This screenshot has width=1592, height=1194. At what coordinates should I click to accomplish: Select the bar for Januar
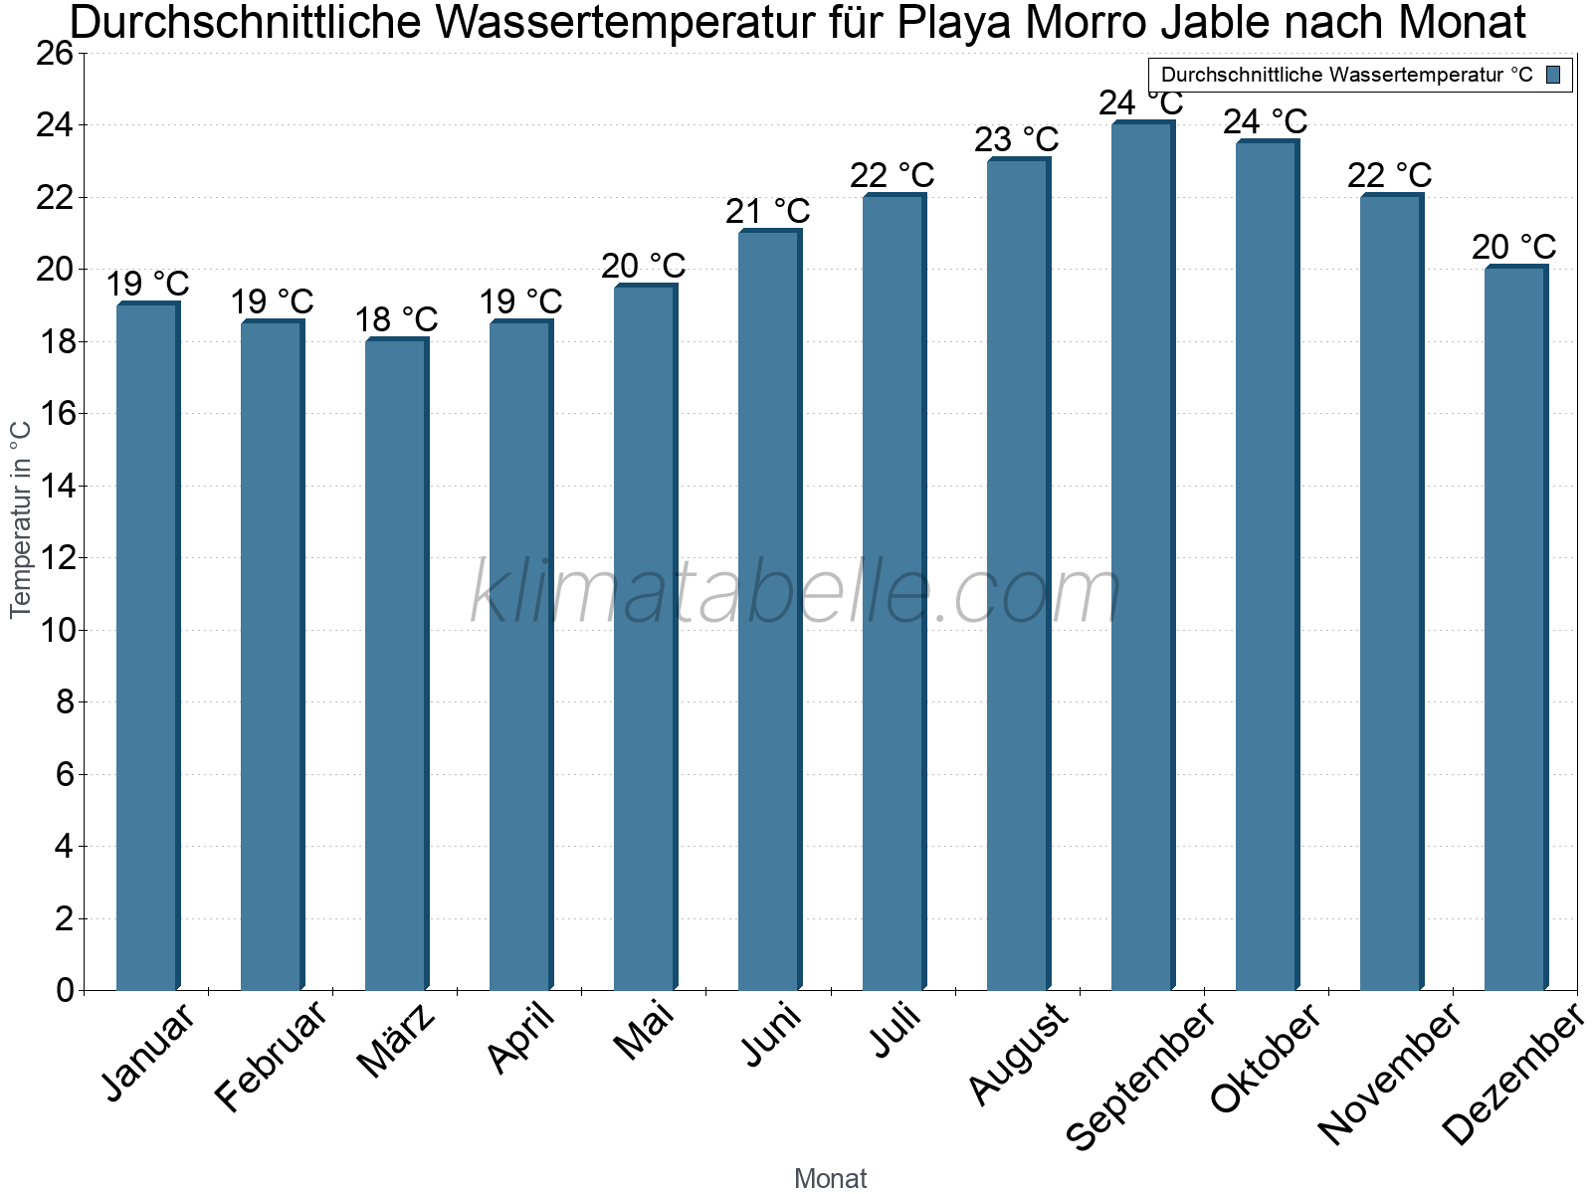click(x=147, y=647)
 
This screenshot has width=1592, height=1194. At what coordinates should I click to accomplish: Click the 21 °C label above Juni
click(x=767, y=212)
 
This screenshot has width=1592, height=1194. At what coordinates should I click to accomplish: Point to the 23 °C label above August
click(x=1016, y=139)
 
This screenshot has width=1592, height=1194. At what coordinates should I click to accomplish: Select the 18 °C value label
click(x=396, y=320)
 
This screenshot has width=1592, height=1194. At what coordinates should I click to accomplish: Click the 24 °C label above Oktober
click(x=1265, y=121)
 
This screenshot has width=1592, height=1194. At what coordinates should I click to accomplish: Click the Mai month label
click(x=645, y=1030)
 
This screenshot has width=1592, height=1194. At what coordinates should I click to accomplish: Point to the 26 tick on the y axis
click(x=55, y=54)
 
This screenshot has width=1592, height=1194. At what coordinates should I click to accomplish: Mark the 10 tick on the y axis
click(x=55, y=631)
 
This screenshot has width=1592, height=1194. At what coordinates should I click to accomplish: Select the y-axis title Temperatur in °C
click(x=21, y=519)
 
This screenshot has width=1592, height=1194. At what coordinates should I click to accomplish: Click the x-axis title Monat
click(x=830, y=1179)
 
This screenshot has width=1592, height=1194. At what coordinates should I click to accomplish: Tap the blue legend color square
click(x=1553, y=75)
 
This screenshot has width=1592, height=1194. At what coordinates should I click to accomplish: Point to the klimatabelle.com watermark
click(x=796, y=593)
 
